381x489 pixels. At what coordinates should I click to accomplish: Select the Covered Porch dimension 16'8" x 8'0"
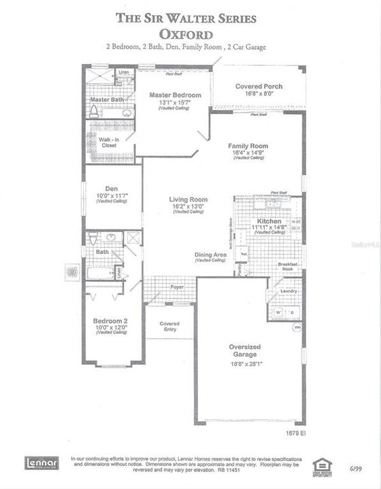pos(258,94)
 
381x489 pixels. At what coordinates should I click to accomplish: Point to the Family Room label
pos(248,146)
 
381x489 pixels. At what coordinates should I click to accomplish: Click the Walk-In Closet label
pos(109,142)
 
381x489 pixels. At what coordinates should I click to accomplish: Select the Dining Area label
pos(210,255)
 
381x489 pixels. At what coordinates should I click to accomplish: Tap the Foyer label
pos(177,287)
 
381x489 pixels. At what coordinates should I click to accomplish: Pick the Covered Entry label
pos(169,327)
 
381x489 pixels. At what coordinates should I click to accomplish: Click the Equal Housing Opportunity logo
pos(320,465)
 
